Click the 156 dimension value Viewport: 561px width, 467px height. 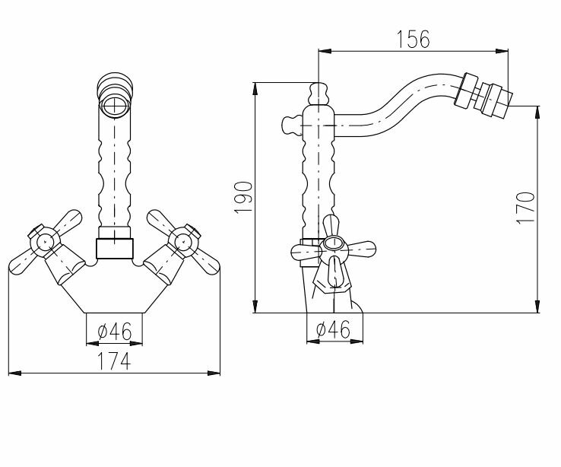[x=413, y=39]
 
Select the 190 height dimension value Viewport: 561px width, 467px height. [x=243, y=198]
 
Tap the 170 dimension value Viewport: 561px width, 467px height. [x=525, y=208]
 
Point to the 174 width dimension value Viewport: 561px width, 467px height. [x=114, y=361]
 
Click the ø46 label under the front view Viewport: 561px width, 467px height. [x=115, y=331]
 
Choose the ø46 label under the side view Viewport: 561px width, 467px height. [x=333, y=329]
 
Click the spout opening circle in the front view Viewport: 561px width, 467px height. [x=115, y=106]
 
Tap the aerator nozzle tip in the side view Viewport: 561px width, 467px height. [x=493, y=100]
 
